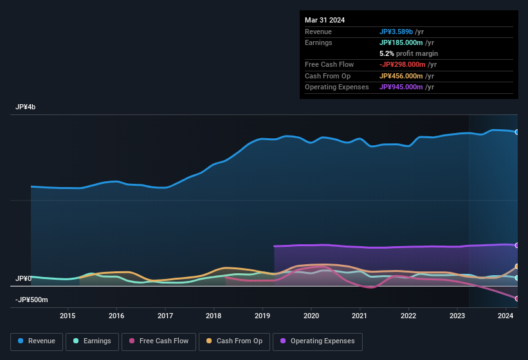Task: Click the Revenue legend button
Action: click(x=37, y=341)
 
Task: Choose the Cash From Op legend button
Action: click(x=235, y=341)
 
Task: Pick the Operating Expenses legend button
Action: click(x=318, y=341)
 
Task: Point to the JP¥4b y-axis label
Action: click(x=26, y=107)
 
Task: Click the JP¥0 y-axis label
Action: click(x=23, y=279)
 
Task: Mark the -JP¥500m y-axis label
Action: click(x=32, y=300)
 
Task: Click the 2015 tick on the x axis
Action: click(x=68, y=316)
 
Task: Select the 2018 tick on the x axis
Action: click(x=214, y=316)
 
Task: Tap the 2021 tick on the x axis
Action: click(x=360, y=316)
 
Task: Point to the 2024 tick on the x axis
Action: click(x=505, y=316)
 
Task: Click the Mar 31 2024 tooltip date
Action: click(x=325, y=20)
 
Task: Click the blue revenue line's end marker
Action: click(x=517, y=132)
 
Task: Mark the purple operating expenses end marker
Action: click(x=517, y=245)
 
